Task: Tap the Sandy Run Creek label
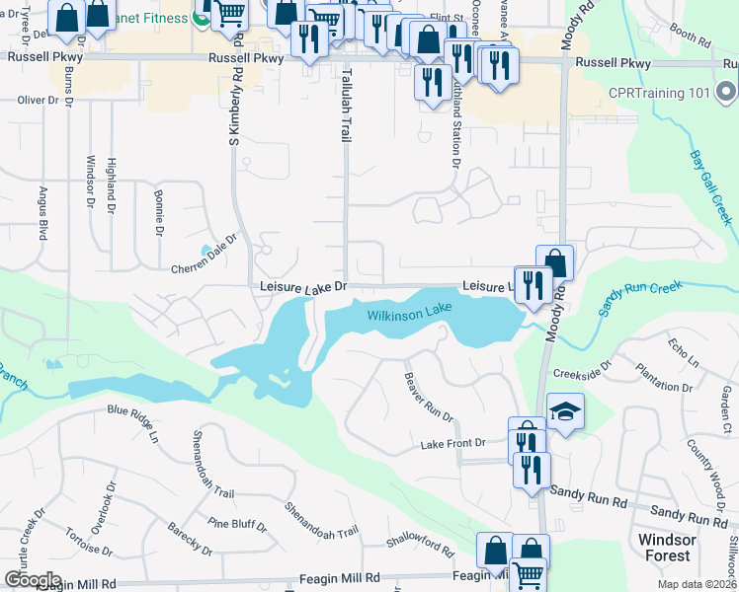coord(640,299)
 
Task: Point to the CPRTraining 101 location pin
coord(726,94)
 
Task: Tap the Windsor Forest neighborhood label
coord(668,548)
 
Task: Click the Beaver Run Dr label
coord(428,398)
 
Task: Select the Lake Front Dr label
coord(453,445)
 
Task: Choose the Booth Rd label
coord(690,37)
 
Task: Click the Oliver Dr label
coord(40,100)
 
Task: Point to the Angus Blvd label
coord(43,214)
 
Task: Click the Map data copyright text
coord(696,584)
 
